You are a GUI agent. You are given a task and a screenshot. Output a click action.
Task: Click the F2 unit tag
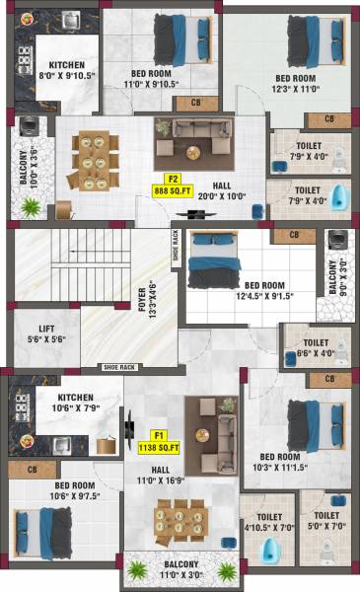(172, 179)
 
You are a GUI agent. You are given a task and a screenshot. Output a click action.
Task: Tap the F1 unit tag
(159, 434)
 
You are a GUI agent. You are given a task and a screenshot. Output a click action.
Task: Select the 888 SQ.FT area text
(172, 190)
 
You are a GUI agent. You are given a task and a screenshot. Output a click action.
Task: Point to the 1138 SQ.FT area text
(160, 446)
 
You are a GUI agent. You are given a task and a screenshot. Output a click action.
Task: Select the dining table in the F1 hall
(180, 521)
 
